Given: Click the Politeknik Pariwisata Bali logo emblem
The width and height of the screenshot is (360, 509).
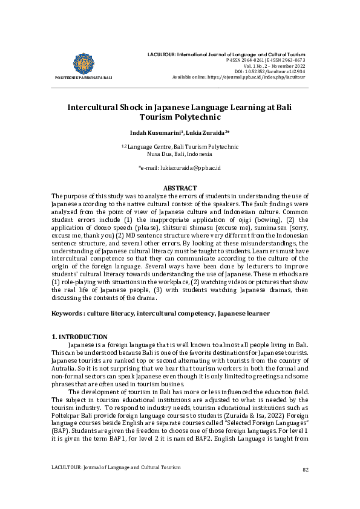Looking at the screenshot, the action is pyautogui.click(x=83, y=63).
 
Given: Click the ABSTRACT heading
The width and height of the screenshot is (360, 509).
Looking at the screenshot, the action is pyautogui.click(x=180, y=188).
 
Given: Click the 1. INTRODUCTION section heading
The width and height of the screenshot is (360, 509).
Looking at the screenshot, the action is pyautogui.click(x=79, y=337).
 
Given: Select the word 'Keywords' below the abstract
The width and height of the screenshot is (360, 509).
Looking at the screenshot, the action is pyautogui.click(x=67, y=314).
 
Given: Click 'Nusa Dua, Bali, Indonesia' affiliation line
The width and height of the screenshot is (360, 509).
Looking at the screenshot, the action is pyautogui.click(x=180, y=154).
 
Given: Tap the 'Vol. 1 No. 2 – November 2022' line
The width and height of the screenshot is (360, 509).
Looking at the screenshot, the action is pyautogui.click(x=273, y=66).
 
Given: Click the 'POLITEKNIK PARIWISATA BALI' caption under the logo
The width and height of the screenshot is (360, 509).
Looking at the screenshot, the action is pyautogui.click(x=83, y=78).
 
